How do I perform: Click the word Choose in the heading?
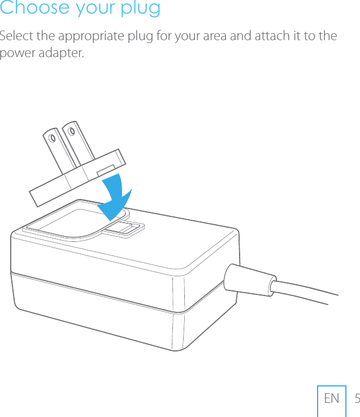(28, 8)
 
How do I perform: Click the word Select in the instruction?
(16, 37)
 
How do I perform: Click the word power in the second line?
(15, 55)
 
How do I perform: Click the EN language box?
(332, 399)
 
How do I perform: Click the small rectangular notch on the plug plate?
(106, 170)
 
